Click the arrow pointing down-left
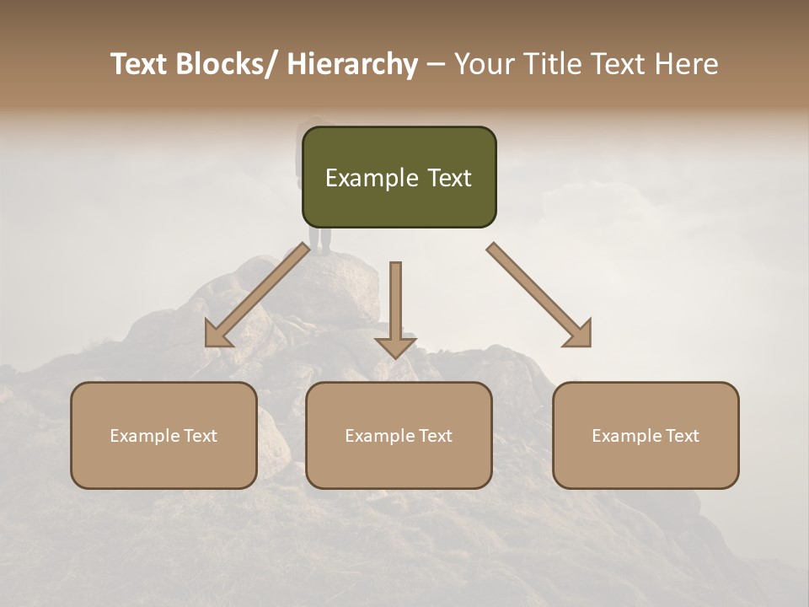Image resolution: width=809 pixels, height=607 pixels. tap(257, 295)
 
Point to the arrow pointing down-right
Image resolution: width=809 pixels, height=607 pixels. tap(539, 295)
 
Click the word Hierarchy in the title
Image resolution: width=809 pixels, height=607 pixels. tap(352, 64)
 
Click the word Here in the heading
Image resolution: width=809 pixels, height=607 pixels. tap(685, 64)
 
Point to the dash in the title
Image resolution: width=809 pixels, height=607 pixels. tap(436, 64)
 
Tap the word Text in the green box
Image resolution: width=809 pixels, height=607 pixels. tap(448, 179)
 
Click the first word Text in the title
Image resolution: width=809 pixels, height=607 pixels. tap(138, 64)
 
